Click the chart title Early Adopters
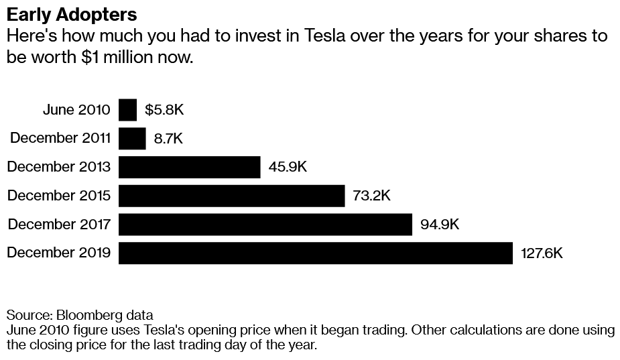[x=72, y=14]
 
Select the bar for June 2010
[x=127, y=110]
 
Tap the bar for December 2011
[x=132, y=139]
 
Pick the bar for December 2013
[x=189, y=167]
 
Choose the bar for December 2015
[x=231, y=196]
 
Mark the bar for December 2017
[x=265, y=225]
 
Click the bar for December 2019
[x=315, y=253]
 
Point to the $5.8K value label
[x=164, y=110]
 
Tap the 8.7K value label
[x=168, y=139]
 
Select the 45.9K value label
[x=287, y=167]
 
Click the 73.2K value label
[x=371, y=196]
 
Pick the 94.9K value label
[x=439, y=225]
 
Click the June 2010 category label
[x=76, y=110]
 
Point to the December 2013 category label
[x=60, y=167]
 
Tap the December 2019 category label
[x=60, y=253]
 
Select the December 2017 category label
[x=60, y=225]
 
